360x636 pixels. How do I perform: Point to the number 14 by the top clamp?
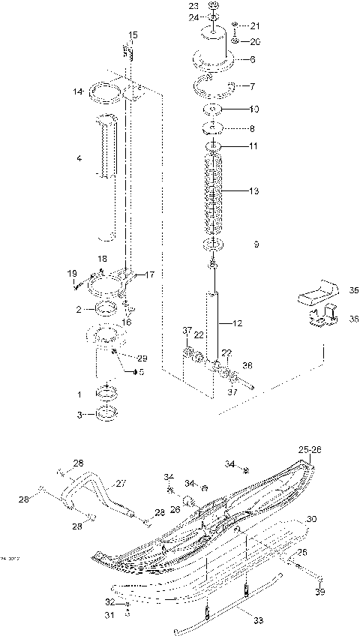click(77, 91)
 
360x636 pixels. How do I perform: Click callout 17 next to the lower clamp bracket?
click(149, 274)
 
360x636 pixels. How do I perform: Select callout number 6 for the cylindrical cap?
click(253, 59)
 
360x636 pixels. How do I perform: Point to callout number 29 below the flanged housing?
click(142, 358)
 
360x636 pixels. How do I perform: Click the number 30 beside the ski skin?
click(311, 519)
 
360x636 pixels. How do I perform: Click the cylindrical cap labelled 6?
click(213, 46)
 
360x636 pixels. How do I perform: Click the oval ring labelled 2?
click(106, 309)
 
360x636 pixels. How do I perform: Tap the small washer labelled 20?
click(234, 41)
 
